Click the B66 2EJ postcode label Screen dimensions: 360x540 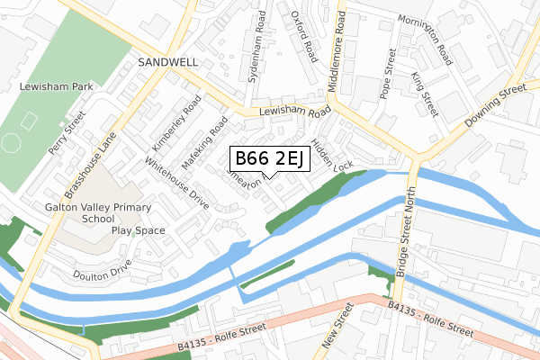click(x=271, y=159)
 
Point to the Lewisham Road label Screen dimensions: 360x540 click(x=295, y=112)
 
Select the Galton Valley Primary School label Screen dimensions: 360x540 click(x=89, y=212)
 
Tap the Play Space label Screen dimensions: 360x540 click(x=139, y=230)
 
